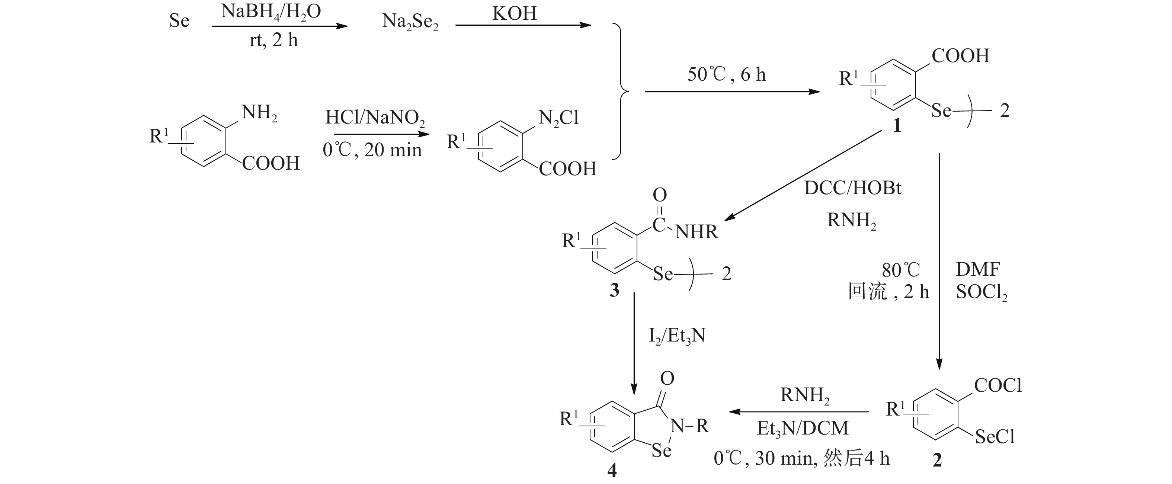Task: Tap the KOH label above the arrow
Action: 514,14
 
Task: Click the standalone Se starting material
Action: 179,21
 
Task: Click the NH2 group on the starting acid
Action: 259,112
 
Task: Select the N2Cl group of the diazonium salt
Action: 558,119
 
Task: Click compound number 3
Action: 614,290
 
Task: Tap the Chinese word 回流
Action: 867,292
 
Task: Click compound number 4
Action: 612,470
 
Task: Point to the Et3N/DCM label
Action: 803,429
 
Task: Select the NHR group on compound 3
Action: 696,232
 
